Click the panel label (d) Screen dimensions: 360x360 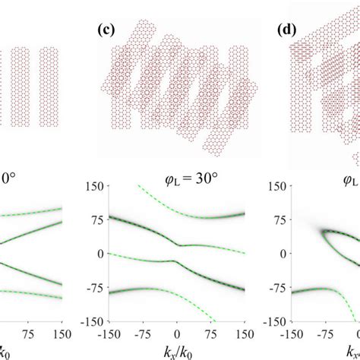click(286, 31)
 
